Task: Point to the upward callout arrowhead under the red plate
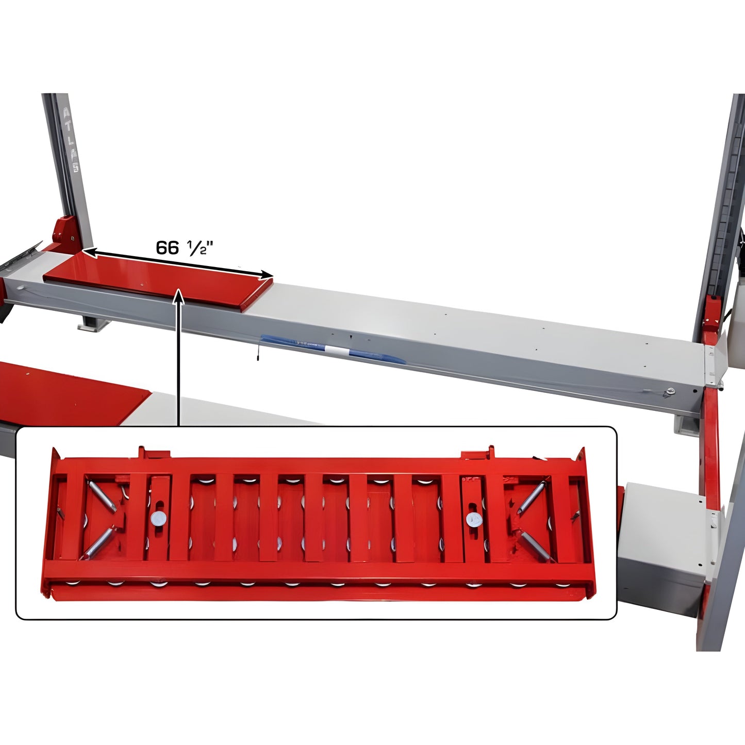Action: click(x=179, y=295)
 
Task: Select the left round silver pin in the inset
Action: click(x=159, y=519)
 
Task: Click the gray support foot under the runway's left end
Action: click(x=93, y=322)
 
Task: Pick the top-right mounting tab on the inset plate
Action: click(x=477, y=454)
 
